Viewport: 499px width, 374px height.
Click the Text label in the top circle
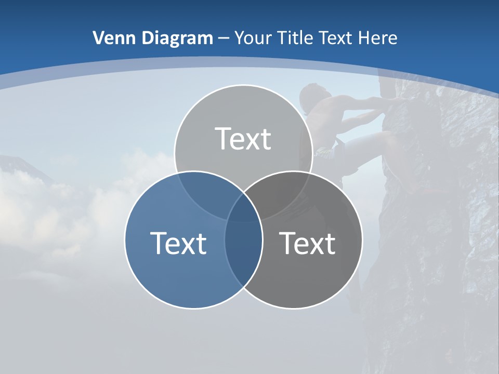point(243,139)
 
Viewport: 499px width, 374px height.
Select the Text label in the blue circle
point(178,243)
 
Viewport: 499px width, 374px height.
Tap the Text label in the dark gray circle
point(308,243)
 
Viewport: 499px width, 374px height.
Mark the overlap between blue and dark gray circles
point(243,249)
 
